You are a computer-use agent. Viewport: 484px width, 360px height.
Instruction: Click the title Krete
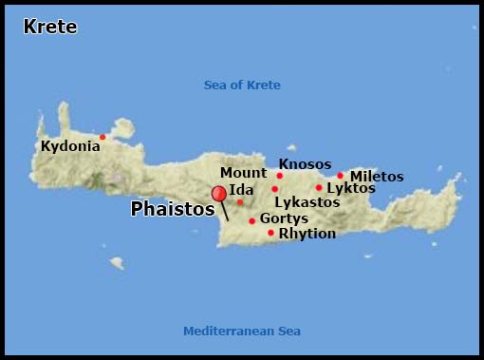pos(50,28)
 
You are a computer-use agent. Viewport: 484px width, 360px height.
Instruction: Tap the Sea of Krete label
pos(242,85)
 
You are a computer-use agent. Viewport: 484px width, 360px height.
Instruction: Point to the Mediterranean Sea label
pos(241,332)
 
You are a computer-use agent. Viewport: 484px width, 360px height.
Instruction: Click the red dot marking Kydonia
pos(102,137)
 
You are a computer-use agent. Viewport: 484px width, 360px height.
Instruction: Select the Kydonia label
pos(70,147)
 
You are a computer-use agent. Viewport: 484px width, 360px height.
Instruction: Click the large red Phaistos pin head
pos(219,194)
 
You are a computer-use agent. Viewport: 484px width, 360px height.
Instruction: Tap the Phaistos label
pos(172,209)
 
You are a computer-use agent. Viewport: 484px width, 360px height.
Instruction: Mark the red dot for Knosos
pos(280,176)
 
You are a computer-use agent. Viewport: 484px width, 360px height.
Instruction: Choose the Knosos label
pos(306,163)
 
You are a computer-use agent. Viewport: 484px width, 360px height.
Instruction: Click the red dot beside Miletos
pos(341,175)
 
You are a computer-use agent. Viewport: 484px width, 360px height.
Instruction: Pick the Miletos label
pos(377,177)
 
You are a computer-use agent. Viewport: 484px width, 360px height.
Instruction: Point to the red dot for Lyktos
pos(319,187)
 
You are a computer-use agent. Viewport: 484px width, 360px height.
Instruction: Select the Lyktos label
pos(351,188)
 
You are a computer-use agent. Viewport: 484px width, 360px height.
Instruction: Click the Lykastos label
pos(307,202)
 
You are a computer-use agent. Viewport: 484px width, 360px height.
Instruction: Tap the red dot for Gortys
pos(252,221)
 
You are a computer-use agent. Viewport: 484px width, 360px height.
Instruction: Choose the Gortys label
pos(284,218)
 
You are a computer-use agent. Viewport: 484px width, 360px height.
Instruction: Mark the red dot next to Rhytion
pos(270,233)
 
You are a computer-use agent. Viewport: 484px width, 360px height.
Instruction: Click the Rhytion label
pos(307,234)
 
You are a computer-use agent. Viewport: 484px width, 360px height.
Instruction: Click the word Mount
pos(244,173)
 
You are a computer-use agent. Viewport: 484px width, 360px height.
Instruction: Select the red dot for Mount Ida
pos(240,201)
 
